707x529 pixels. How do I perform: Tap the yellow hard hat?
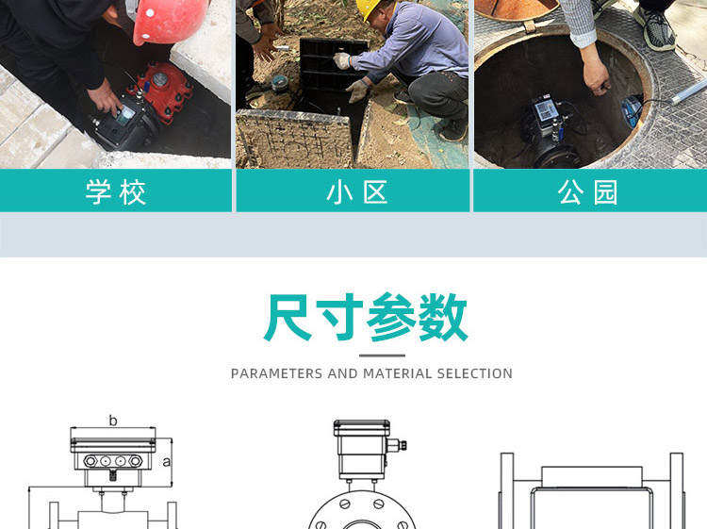pyautogui.click(x=369, y=8)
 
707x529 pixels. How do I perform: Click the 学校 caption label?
pyautogui.click(x=116, y=192)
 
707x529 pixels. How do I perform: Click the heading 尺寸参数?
pyautogui.click(x=365, y=318)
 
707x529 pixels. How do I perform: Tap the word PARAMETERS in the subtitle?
pyautogui.click(x=276, y=373)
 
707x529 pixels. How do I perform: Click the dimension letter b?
pyautogui.click(x=113, y=421)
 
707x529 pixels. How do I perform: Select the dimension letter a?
pyautogui.click(x=167, y=461)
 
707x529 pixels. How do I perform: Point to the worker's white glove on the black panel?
pyautogui.click(x=342, y=60)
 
